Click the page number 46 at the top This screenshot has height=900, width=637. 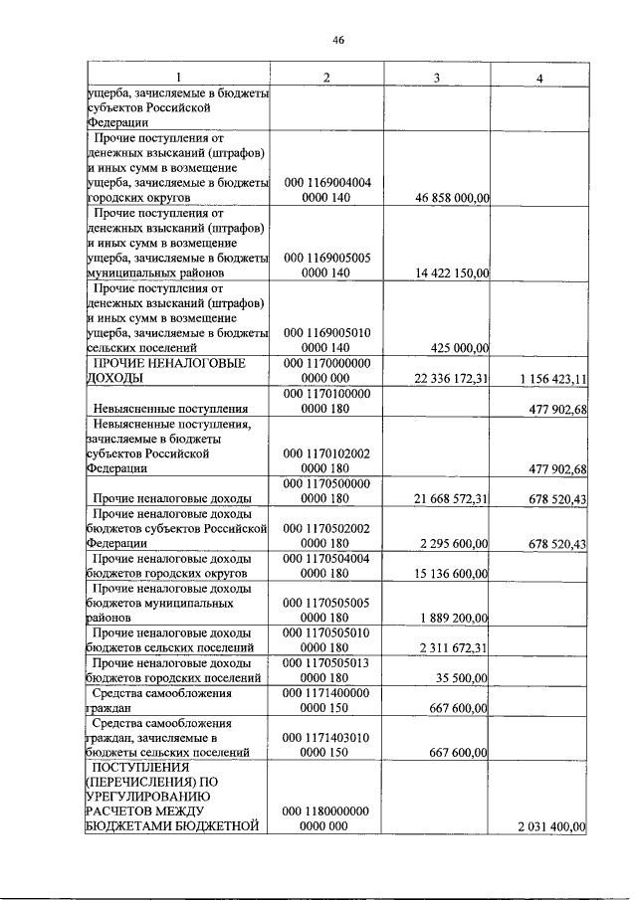[337, 40]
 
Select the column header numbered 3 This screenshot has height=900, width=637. [436, 78]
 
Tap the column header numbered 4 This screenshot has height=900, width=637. [538, 78]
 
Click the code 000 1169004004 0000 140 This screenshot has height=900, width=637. [326, 191]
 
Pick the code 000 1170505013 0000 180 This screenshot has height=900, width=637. [326, 670]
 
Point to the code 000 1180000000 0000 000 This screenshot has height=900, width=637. [326, 819]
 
